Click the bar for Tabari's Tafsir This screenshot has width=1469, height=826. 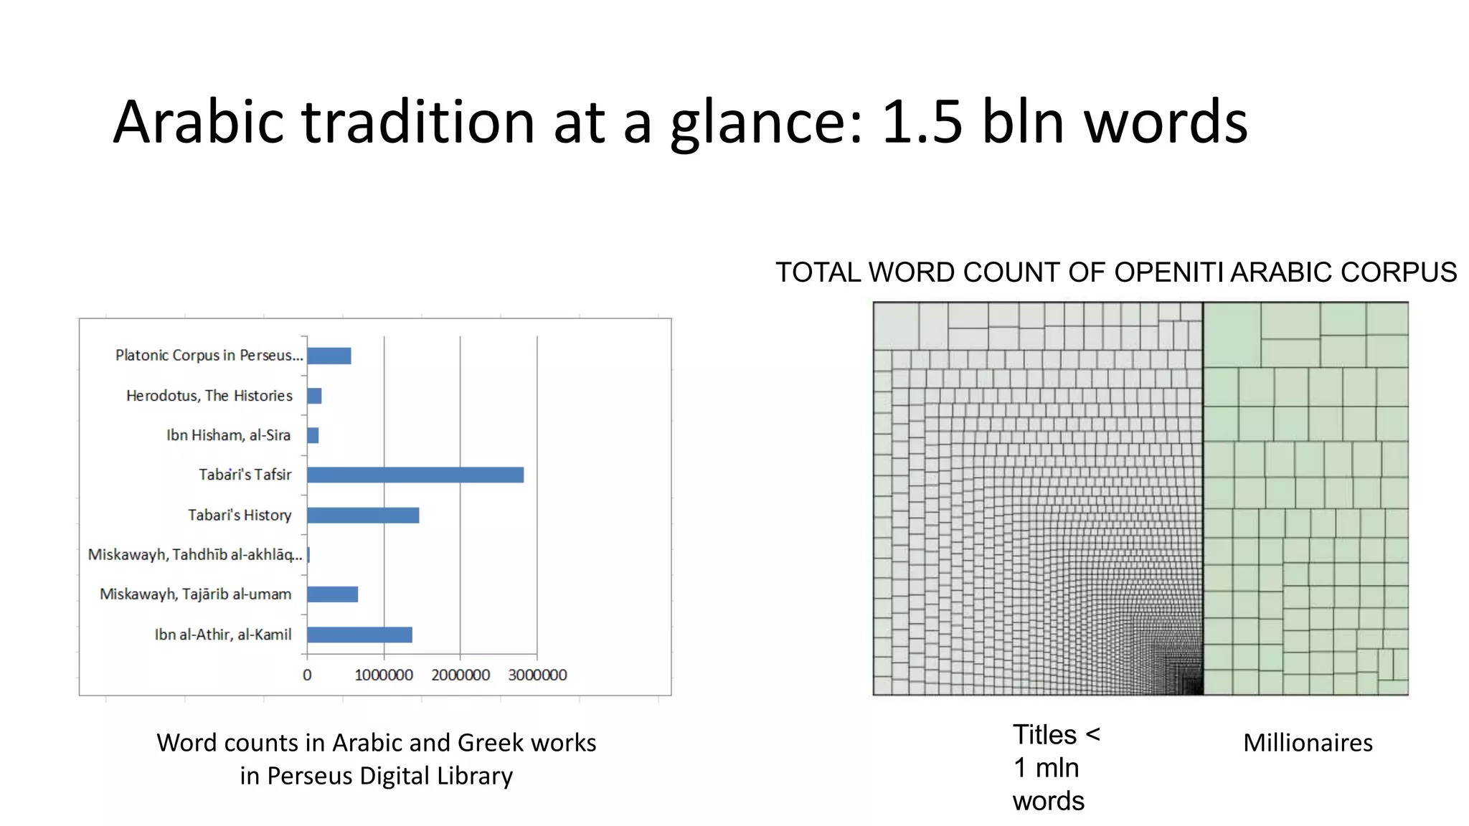coord(415,475)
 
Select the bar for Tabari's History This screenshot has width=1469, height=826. coord(363,515)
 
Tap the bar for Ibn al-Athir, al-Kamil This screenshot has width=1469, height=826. coord(359,635)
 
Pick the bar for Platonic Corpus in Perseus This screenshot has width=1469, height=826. coord(329,356)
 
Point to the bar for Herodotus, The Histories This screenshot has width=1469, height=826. coord(314,396)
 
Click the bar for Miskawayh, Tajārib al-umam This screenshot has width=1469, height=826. coord(332,594)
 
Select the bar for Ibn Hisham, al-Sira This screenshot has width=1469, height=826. coord(313,435)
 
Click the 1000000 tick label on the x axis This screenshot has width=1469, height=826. coord(384,675)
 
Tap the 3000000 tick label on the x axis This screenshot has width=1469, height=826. coord(537,675)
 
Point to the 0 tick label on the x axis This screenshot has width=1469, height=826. coord(307,675)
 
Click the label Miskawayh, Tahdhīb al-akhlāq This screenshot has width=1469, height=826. coord(194,555)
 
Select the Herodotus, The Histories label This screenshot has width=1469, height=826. coord(209,396)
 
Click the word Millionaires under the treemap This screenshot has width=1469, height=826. coord(1308,743)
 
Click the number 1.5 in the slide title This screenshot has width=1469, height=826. coord(922,122)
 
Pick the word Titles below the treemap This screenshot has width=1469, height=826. coord(1044,735)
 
